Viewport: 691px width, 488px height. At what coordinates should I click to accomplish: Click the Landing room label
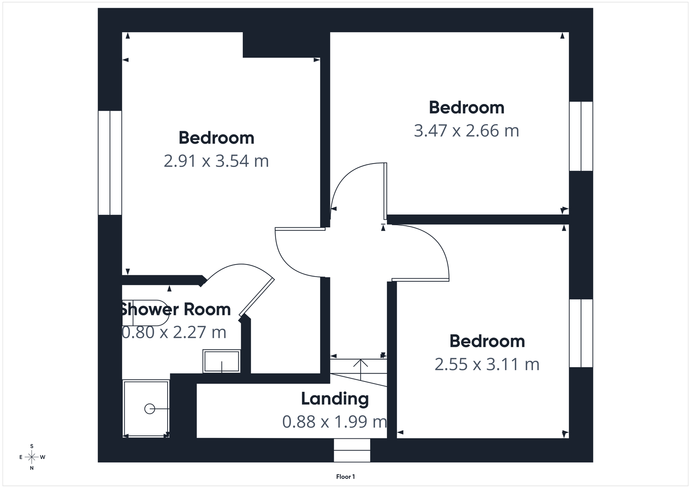pos(335,399)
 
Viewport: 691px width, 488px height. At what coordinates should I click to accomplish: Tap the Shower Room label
pos(175,309)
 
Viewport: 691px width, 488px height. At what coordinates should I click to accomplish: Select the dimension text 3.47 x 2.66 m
pos(466,130)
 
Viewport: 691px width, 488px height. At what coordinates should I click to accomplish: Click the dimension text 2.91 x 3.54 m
pos(216,161)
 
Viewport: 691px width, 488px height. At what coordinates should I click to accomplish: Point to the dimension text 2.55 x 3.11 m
pos(487,365)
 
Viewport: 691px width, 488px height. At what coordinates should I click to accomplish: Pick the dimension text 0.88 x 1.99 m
pos(334,422)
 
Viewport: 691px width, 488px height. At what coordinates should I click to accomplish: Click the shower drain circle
pos(149,409)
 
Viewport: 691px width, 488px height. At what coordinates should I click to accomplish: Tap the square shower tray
pos(146,408)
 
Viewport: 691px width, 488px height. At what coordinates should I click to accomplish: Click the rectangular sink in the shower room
pos(222,361)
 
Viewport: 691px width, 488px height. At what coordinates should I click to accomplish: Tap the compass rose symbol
pos(32,457)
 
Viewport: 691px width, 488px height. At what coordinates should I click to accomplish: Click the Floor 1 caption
pos(345,477)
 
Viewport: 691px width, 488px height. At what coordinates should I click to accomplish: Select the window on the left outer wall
pos(110,163)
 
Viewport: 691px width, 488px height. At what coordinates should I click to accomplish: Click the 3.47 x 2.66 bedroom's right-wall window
pos(581,136)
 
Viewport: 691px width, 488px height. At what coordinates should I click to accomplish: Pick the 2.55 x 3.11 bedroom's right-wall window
pos(581,333)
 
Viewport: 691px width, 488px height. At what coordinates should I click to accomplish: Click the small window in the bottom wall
pos(352,450)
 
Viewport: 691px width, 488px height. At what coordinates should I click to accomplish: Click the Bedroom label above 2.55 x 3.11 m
pos(487,341)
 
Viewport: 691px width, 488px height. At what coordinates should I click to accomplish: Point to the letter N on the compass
pos(32,468)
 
